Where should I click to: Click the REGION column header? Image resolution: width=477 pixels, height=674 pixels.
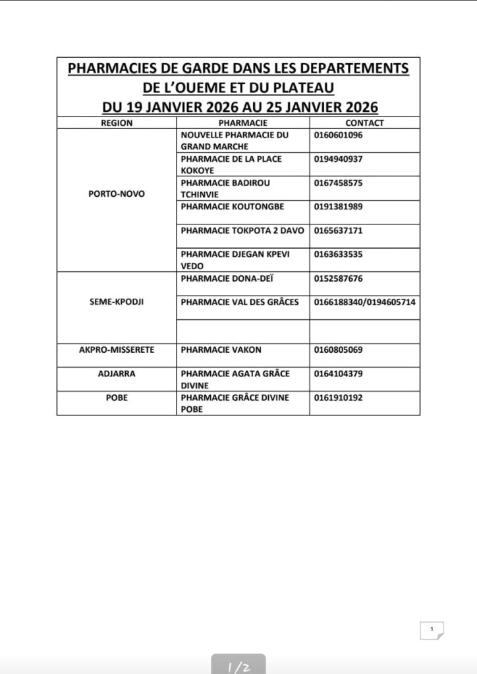coord(117,123)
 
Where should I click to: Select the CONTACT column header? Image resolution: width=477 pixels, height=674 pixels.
coord(364,123)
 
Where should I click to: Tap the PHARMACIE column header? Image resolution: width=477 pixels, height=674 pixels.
coord(242,123)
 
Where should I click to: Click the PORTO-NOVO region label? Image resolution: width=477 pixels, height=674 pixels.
coord(117,194)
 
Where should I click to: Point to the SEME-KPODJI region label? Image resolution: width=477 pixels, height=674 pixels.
coord(117,302)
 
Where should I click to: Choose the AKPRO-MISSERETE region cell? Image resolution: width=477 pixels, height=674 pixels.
coord(117,350)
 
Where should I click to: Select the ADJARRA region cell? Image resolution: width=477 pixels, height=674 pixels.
coord(117,374)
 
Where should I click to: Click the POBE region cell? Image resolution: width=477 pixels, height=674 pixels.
coord(117,398)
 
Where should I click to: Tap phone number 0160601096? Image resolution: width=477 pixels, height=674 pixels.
coord(339,135)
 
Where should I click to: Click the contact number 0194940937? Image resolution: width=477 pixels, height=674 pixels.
coord(339,159)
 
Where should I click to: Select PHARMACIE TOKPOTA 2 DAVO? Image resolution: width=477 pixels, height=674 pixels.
coord(242,230)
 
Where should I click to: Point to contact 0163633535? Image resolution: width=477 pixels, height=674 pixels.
coord(339,254)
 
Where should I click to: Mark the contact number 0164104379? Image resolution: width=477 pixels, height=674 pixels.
coord(339,374)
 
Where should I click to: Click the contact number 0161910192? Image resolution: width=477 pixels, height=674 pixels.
coord(339,398)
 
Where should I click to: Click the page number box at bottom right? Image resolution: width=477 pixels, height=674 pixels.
coord(432,630)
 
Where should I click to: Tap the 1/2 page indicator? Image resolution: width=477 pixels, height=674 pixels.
coord(238,666)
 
